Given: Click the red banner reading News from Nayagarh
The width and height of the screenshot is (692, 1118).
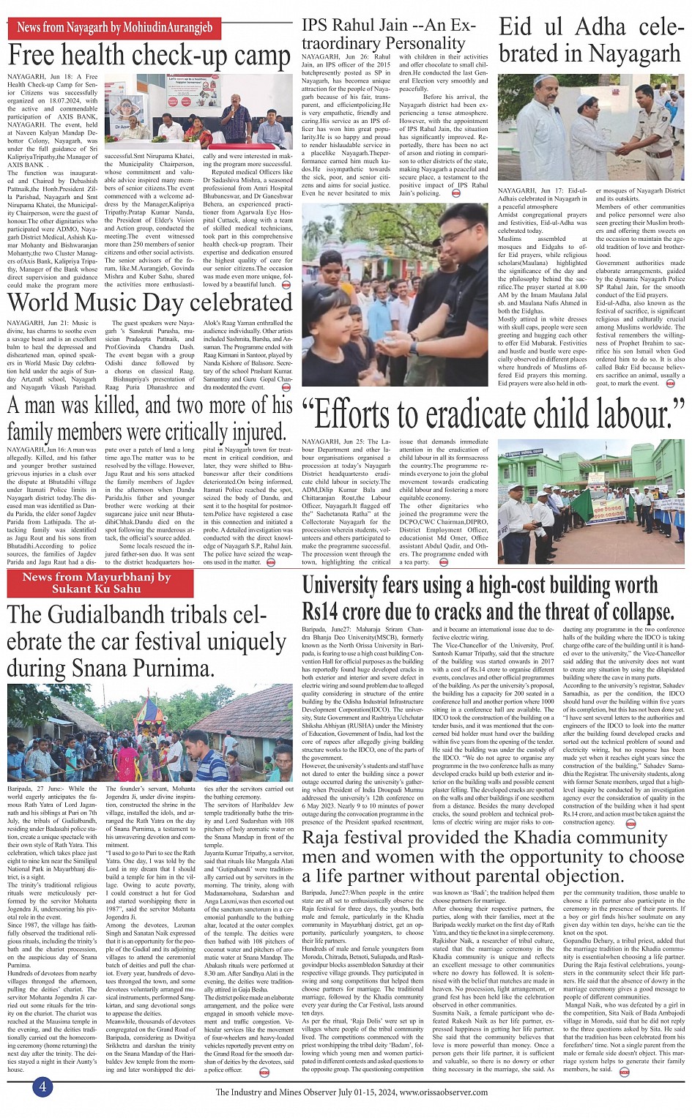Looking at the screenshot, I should click(114, 28).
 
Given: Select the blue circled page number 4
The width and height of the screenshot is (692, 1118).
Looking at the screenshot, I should click(42, 1087).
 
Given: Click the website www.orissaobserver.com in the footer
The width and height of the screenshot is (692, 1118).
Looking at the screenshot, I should click(444, 1092).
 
